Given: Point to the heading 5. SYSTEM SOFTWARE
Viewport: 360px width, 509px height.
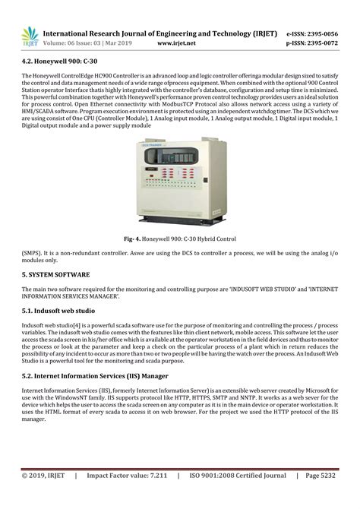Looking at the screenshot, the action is pos(56,273).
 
